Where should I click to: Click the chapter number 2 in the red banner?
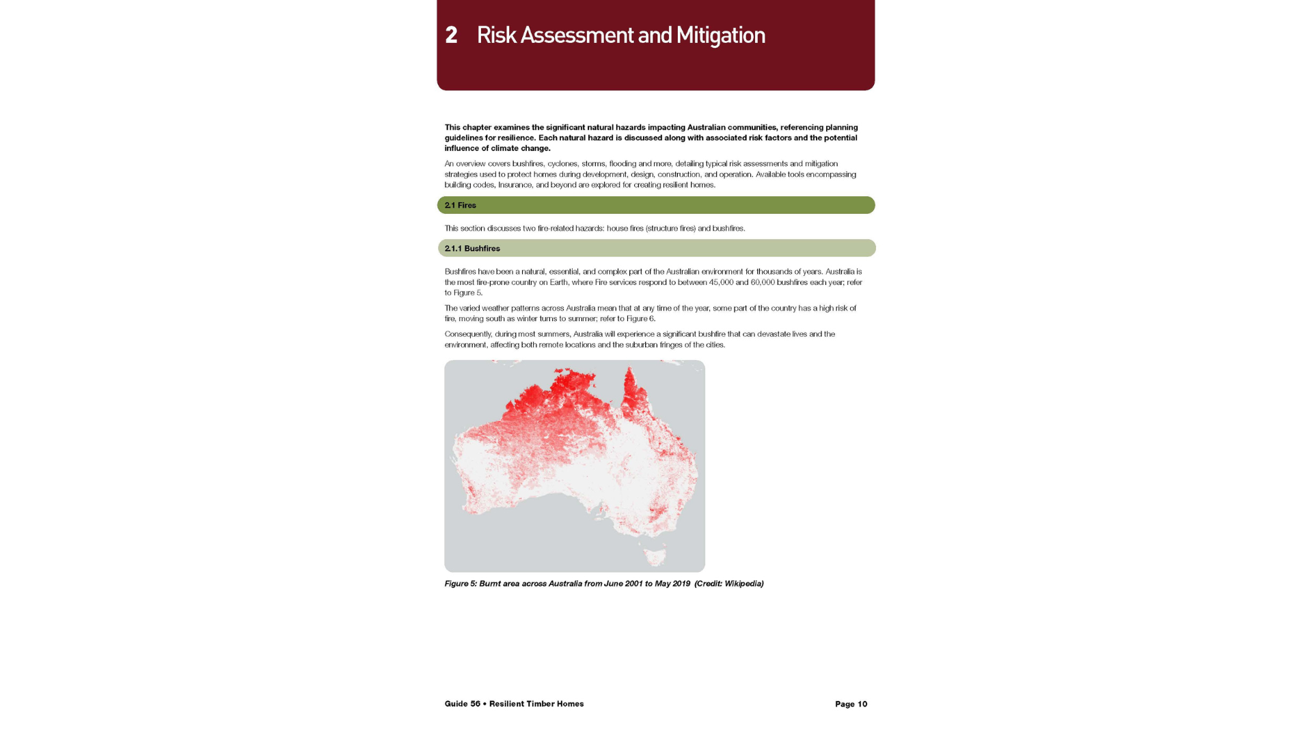pos(451,36)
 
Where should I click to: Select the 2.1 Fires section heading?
pos(460,205)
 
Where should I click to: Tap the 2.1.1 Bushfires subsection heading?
pos(472,249)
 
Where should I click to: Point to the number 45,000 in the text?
pos(721,282)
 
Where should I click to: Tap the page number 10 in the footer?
pos(862,704)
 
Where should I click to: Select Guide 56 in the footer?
pos(462,704)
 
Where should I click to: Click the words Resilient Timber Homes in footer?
pos(536,704)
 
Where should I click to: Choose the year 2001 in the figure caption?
pos(633,584)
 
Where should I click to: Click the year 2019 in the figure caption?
pos(681,584)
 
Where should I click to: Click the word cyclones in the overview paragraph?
pos(562,164)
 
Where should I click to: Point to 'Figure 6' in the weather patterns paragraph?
pos(640,318)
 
